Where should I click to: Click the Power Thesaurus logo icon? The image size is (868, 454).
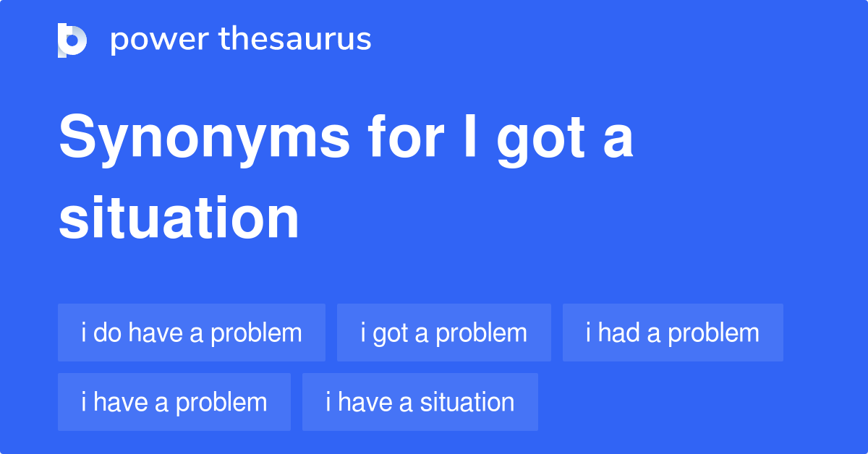(72, 40)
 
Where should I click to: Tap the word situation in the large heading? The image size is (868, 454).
(179, 218)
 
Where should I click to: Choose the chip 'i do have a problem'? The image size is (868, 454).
(192, 333)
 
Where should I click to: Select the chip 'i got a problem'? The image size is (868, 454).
(444, 333)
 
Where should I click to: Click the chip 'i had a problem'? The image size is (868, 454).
(673, 333)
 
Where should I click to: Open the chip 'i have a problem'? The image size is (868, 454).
(174, 402)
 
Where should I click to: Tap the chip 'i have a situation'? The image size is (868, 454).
(420, 402)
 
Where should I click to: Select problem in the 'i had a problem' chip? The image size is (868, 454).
(713, 333)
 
